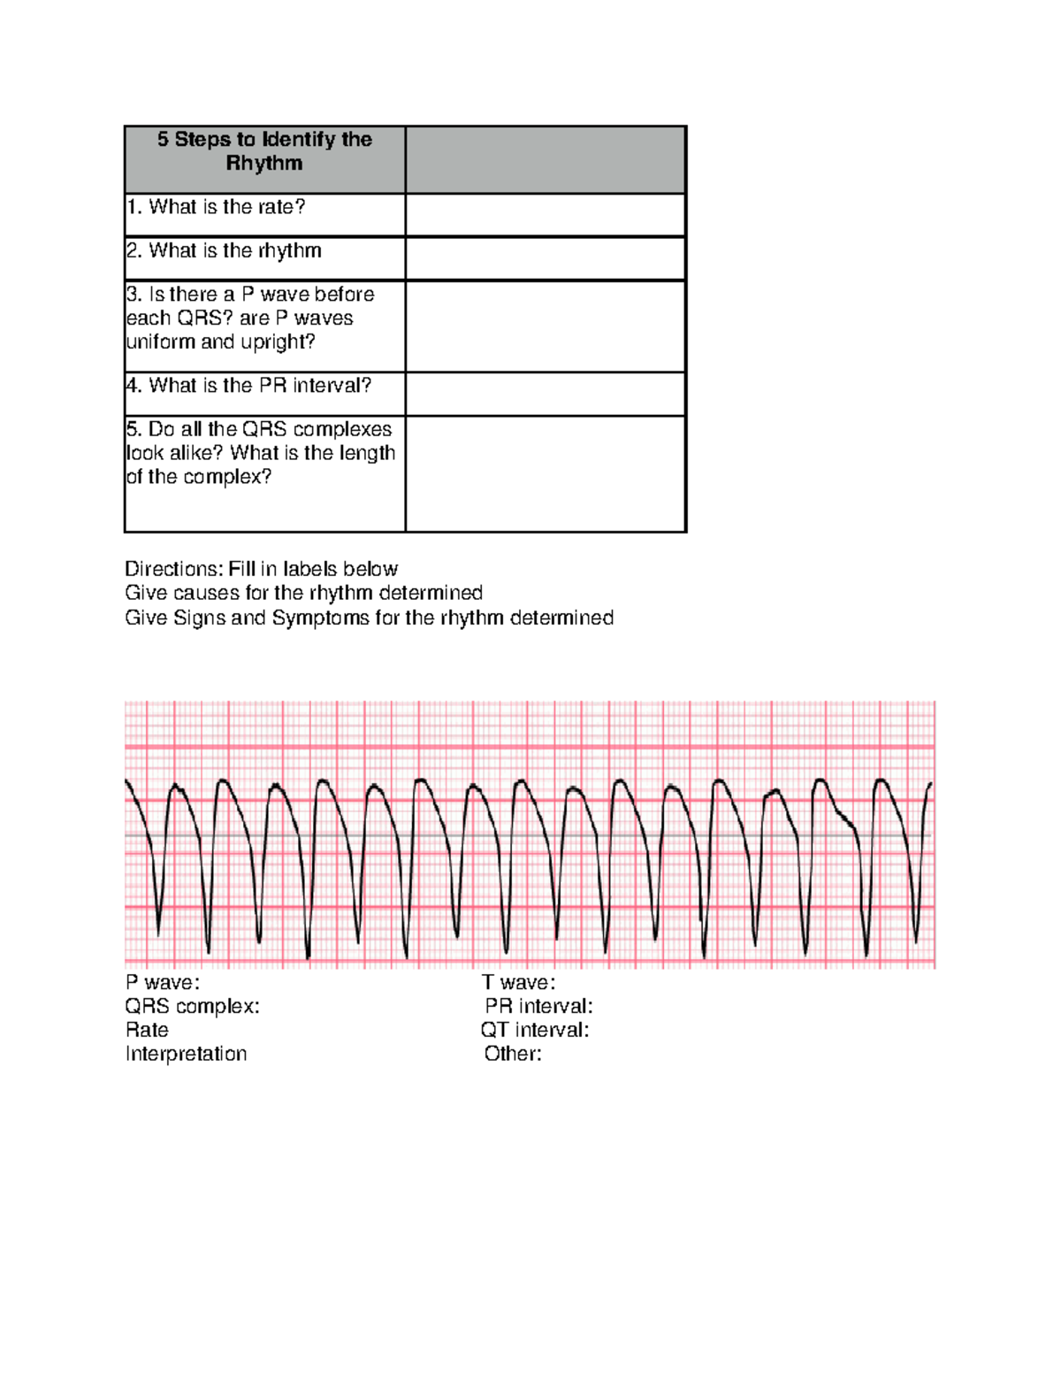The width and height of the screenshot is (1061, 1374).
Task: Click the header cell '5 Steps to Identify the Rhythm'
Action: [264, 151]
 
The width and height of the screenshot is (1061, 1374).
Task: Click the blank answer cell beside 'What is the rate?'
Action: [545, 215]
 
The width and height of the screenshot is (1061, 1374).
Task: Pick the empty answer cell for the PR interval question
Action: [545, 394]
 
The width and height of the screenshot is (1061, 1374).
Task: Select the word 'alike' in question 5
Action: [201, 453]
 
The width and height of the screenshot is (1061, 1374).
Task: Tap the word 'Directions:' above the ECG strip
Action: [173, 569]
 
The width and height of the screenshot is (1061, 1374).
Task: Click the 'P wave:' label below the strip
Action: [163, 982]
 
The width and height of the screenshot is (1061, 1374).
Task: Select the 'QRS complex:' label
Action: [192, 1006]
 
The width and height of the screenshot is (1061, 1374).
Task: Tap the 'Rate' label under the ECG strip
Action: [147, 1030]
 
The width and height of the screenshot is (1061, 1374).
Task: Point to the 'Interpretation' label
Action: [186, 1054]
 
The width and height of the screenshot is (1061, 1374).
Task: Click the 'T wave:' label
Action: [518, 982]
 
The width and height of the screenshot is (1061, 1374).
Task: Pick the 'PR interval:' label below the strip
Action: [538, 1006]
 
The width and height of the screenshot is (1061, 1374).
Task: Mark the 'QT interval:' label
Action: [535, 1030]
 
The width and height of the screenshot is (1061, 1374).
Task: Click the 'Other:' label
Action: [513, 1054]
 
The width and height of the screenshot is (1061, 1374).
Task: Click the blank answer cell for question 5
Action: [545, 473]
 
